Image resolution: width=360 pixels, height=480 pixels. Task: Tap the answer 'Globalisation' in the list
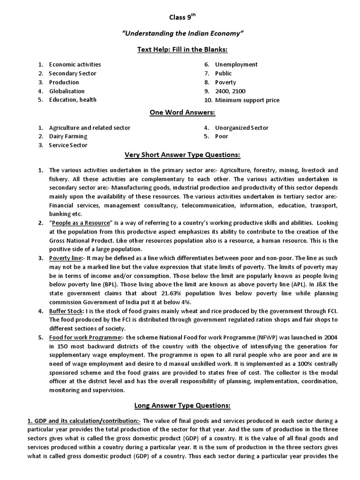tap(67, 91)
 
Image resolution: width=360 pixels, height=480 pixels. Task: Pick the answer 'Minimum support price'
tap(247, 100)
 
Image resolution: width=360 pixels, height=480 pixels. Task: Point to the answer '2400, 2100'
tap(230, 91)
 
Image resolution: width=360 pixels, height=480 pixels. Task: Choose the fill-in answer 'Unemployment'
tap(236, 65)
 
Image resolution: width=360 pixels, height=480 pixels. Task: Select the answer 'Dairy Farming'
tap(68, 136)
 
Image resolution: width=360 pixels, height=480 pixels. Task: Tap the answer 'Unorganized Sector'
tap(242, 127)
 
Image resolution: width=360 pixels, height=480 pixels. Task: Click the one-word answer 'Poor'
tap(222, 136)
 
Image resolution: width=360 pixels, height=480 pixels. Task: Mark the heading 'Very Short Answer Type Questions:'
tap(182, 155)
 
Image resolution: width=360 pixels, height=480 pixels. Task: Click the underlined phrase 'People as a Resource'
tap(82, 222)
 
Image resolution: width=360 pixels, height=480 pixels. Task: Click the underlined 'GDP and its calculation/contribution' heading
tap(80, 420)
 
